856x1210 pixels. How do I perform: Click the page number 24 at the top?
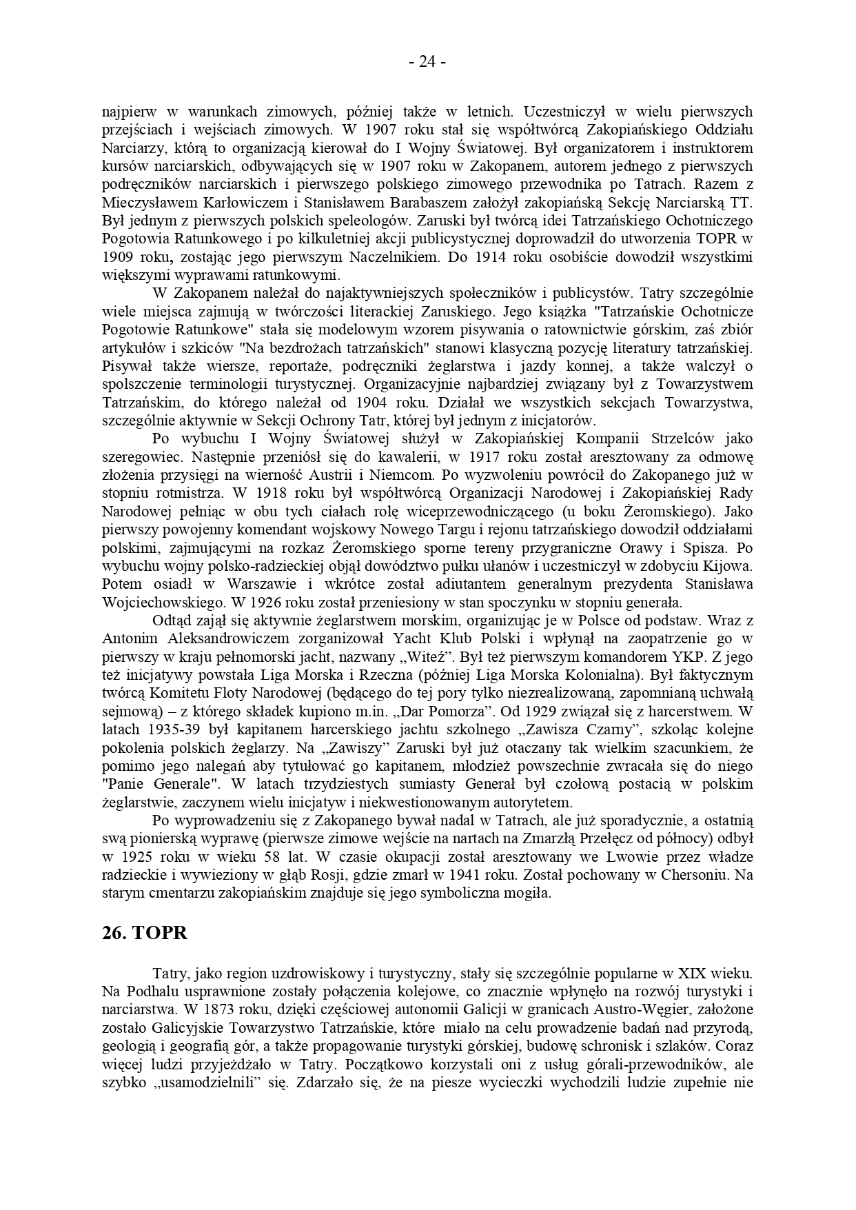click(427, 62)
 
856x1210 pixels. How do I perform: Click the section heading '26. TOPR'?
click(144, 933)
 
